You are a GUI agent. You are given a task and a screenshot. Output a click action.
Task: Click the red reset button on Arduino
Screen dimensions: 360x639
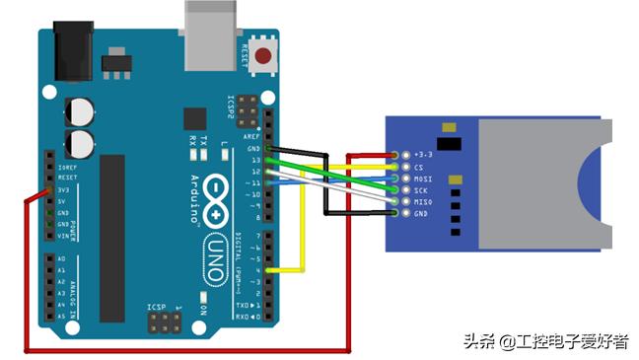click(x=262, y=56)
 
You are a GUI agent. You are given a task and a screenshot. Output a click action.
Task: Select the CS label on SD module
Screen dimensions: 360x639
click(x=419, y=168)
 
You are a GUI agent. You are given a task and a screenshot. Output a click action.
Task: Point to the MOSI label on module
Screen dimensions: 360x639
click(x=423, y=179)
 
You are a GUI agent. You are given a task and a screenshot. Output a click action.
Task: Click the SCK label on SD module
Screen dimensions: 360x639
click(x=421, y=190)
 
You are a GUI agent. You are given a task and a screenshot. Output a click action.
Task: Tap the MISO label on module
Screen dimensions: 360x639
click(x=423, y=202)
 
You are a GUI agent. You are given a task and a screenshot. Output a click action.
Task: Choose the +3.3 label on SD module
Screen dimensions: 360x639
click(x=424, y=156)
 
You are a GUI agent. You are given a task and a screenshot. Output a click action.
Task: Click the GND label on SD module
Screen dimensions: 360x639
click(x=421, y=214)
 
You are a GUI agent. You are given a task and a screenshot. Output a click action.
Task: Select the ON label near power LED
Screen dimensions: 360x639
click(x=202, y=309)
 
